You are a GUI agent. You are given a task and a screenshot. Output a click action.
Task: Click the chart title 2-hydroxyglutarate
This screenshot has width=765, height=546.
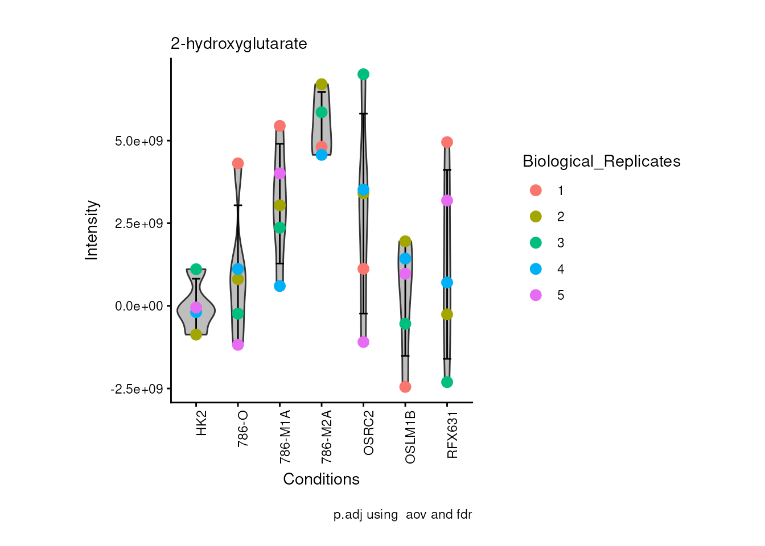pyautogui.click(x=238, y=44)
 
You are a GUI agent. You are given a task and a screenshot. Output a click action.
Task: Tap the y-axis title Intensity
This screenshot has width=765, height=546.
pyautogui.click(x=92, y=230)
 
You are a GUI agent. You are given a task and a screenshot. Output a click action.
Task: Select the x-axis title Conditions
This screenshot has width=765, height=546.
pyautogui.click(x=321, y=479)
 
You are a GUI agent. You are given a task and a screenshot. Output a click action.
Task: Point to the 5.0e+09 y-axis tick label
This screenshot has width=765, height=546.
pyautogui.click(x=139, y=141)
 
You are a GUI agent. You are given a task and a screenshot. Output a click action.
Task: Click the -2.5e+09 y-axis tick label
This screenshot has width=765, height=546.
pyautogui.click(x=137, y=389)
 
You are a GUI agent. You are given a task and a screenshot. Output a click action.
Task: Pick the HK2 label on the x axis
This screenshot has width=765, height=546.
pyautogui.click(x=201, y=424)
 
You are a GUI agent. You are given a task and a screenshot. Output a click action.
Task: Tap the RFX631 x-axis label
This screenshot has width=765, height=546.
pyautogui.click(x=452, y=435)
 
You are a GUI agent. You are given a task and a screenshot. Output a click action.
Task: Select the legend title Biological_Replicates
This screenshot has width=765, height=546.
pyautogui.click(x=601, y=162)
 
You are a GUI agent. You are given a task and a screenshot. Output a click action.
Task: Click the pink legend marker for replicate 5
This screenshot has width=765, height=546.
pyautogui.click(x=536, y=295)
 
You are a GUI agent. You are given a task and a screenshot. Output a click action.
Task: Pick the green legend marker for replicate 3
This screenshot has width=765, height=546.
pyautogui.click(x=536, y=243)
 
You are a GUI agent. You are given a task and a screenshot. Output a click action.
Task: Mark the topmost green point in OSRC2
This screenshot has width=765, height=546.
pyautogui.click(x=363, y=75)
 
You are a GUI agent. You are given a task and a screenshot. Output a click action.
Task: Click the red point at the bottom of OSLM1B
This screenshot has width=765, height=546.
pyautogui.click(x=405, y=387)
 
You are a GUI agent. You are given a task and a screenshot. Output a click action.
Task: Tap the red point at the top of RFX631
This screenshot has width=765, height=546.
pyautogui.click(x=447, y=142)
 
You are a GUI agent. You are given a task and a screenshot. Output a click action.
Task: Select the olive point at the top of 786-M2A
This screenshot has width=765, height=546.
pyautogui.click(x=322, y=84)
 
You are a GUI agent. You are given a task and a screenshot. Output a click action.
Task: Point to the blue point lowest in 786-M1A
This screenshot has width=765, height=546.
pyautogui.click(x=279, y=286)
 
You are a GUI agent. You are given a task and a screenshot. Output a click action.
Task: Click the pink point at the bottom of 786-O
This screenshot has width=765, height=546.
pyautogui.click(x=238, y=345)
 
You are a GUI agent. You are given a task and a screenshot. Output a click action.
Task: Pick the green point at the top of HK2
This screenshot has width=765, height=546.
pyautogui.click(x=196, y=269)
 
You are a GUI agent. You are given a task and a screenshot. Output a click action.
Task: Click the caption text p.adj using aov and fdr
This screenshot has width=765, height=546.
pyautogui.click(x=402, y=515)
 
